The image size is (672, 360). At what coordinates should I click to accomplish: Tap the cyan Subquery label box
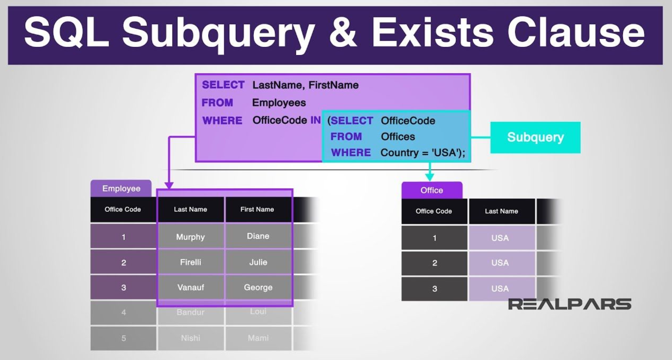click(535, 137)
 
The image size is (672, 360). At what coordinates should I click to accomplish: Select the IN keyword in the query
click(315, 120)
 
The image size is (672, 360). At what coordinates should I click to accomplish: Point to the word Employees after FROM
click(279, 103)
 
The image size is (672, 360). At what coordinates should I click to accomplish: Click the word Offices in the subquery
click(398, 137)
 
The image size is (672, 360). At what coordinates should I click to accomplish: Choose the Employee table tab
click(121, 189)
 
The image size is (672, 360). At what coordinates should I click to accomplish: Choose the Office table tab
click(432, 190)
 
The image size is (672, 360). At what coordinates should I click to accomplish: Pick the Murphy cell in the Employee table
click(190, 237)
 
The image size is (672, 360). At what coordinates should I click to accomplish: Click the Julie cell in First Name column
click(258, 262)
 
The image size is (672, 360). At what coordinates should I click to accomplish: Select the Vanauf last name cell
click(190, 287)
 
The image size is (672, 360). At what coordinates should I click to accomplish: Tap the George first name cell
click(258, 287)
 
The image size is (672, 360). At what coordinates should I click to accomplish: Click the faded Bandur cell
click(190, 312)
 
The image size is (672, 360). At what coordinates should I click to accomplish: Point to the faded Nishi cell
click(190, 338)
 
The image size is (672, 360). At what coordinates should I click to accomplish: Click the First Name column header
click(257, 209)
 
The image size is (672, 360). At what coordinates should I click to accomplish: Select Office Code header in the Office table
click(434, 211)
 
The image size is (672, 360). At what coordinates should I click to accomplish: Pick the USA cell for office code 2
click(500, 263)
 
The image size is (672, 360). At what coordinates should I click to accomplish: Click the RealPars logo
click(569, 304)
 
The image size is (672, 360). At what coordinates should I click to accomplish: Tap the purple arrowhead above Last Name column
click(169, 185)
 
